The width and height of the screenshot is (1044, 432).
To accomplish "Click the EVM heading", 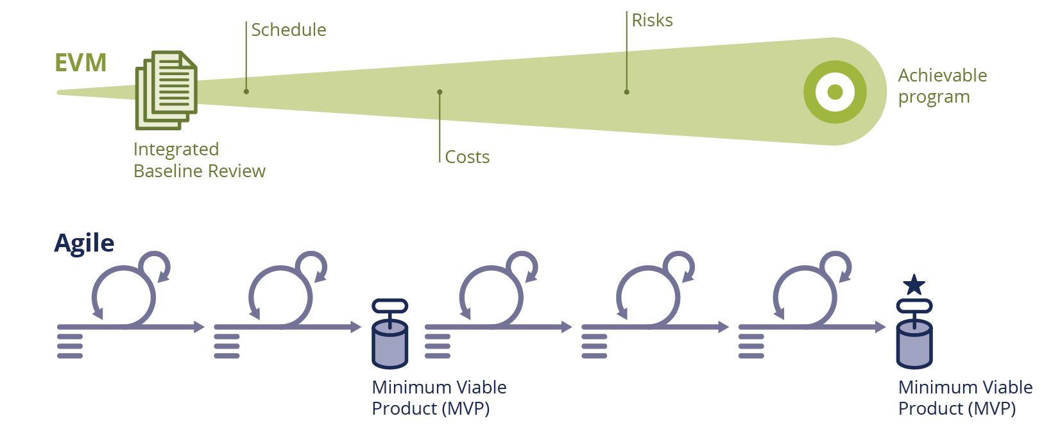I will tap(80, 63).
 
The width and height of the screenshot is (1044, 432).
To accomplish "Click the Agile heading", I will tap(84, 243).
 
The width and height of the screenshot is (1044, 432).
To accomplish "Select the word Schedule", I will tap(289, 30).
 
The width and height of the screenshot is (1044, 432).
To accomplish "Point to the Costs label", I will tap(467, 157).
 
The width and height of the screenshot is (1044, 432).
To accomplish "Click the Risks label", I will tap(652, 21).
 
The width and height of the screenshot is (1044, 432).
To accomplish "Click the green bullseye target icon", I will tap(835, 92).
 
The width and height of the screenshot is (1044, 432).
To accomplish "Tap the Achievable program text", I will tap(941, 86).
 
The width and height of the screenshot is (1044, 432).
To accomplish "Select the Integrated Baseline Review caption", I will tap(199, 160).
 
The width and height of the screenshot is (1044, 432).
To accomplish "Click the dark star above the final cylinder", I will tap(914, 284).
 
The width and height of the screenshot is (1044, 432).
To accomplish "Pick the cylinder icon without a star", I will tap(389, 334).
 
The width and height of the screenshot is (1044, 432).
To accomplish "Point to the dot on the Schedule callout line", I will tap(246, 92).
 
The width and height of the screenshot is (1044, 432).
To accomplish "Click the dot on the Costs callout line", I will tap(440, 92).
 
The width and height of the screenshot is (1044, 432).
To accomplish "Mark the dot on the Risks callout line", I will tap(626, 92).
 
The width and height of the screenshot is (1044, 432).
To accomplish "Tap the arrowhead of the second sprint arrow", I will tap(356, 327).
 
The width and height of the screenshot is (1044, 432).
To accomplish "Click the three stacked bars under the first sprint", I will tap(70, 346).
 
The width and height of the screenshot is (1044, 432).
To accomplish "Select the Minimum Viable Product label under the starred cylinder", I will tap(964, 398).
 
